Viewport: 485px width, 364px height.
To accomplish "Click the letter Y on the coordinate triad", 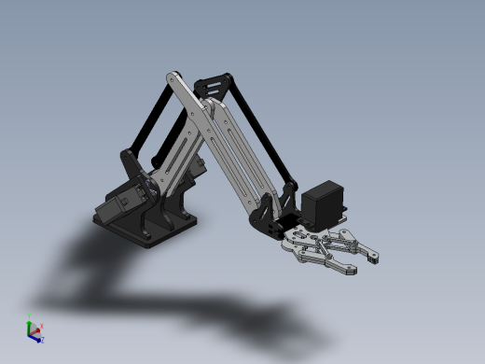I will click(x=31, y=315).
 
